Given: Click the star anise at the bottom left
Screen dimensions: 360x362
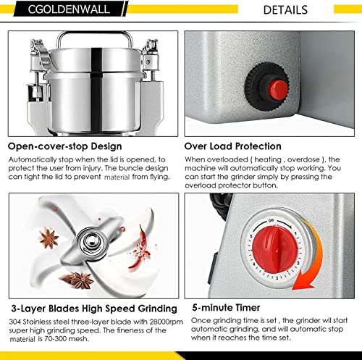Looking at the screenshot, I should pos(80,279).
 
